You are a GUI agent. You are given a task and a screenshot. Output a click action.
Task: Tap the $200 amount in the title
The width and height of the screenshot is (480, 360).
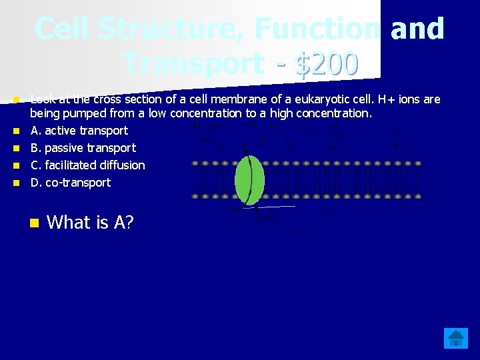coord(328,64)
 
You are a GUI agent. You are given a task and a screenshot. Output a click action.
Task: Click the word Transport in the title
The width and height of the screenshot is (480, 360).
coord(193,64)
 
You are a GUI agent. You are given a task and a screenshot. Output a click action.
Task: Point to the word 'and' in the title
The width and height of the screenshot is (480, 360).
coord(417,29)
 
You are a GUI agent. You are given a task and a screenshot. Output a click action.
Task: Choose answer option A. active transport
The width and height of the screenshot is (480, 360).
coord(79,131)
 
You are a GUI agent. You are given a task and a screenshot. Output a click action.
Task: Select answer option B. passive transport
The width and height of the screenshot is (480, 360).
coord(83,148)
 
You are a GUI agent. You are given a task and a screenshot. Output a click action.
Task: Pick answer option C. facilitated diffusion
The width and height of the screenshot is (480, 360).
coord(87,165)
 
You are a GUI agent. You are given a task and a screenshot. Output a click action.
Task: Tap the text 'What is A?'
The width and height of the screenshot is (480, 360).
coord(91,223)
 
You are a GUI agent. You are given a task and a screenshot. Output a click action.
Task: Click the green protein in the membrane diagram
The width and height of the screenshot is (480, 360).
coord(249,179)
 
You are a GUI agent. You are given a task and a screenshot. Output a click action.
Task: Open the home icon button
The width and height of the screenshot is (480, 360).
coord(456,339)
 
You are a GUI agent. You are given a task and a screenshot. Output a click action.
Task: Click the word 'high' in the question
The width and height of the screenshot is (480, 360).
coord(282,113)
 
